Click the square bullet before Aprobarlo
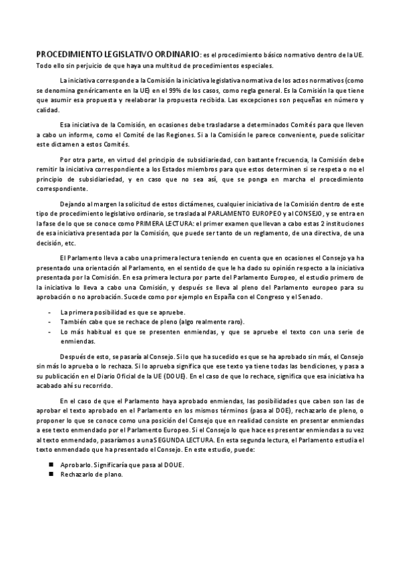click(51, 464)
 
